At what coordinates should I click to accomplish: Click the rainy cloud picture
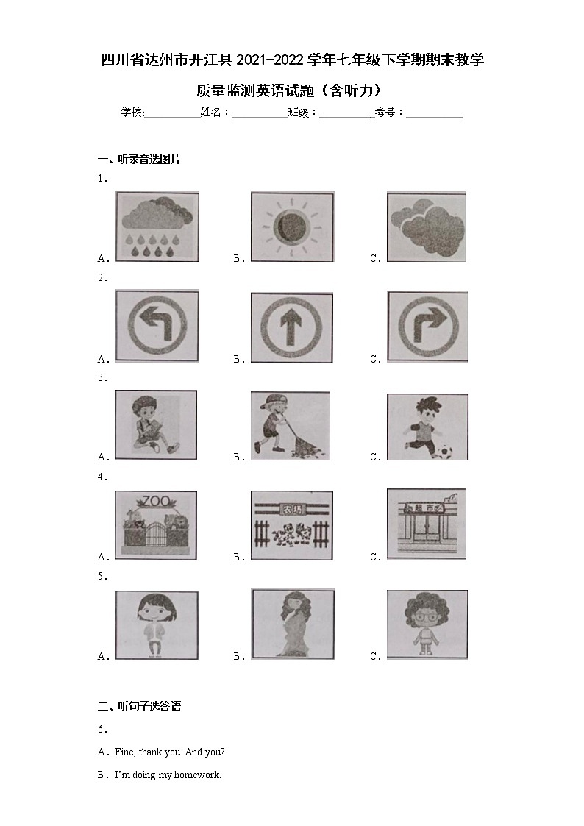(x=157, y=227)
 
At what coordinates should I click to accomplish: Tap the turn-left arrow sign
(x=157, y=325)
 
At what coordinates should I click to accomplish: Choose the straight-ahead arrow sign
(x=292, y=327)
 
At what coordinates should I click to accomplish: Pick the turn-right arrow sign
(x=427, y=325)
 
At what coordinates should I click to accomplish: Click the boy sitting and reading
(x=156, y=424)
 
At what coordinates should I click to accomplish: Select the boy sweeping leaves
(x=290, y=425)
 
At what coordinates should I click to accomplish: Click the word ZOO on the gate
(x=156, y=501)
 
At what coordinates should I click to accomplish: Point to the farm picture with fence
(x=292, y=524)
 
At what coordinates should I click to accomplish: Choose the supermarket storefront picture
(x=427, y=523)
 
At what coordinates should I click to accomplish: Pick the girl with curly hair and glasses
(x=427, y=624)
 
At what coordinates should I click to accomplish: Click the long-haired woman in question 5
(x=292, y=624)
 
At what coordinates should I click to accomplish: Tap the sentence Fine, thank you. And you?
(x=170, y=752)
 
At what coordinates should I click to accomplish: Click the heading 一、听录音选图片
(x=139, y=158)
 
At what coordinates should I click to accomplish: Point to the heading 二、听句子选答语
(x=139, y=706)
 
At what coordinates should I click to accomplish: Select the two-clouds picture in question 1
(x=427, y=227)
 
